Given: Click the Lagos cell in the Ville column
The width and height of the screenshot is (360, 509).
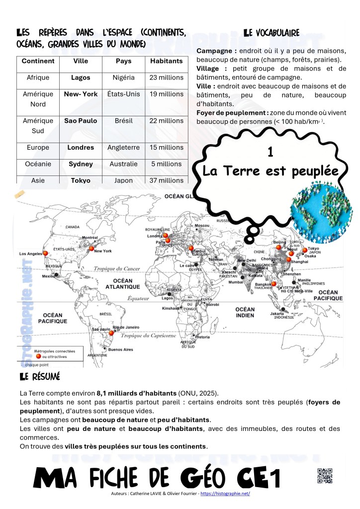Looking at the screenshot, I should pyautogui.click(x=81, y=78).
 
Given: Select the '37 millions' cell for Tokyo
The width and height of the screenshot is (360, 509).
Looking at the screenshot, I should pyautogui.click(x=166, y=180).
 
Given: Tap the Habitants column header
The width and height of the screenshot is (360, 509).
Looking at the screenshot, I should pyautogui.click(x=166, y=61).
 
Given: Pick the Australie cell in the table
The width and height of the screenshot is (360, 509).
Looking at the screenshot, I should pyautogui.click(x=123, y=164).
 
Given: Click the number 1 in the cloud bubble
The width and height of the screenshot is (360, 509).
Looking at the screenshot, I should pyautogui.click(x=270, y=153).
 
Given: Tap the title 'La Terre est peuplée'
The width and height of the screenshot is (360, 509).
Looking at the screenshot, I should pyautogui.click(x=270, y=171).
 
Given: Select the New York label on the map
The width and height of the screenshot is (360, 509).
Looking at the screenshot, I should pyautogui.click(x=103, y=251).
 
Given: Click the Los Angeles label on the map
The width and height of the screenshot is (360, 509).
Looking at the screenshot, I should pyautogui.click(x=30, y=254).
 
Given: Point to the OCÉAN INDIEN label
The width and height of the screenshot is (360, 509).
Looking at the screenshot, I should pyautogui.click(x=245, y=312).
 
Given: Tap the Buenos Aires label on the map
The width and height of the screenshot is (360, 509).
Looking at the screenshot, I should pyautogui.click(x=120, y=349).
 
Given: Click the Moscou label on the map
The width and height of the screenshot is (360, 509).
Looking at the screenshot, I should pyautogui.click(x=202, y=226).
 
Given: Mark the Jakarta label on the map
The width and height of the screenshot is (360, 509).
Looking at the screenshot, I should pyautogui.click(x=277, y=314).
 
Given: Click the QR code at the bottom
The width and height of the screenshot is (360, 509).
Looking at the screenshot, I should pyautogui.click(x=324, y=476).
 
